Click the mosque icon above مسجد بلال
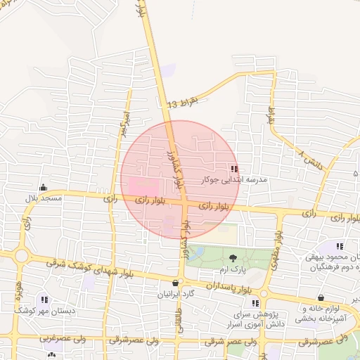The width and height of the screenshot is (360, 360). (x=44, y=188)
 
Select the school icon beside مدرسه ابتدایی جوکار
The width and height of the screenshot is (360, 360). (x=234, y=169)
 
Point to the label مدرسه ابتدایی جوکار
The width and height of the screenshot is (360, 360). (x=235, y=180)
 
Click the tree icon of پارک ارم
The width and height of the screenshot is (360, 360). (x=233, y=258)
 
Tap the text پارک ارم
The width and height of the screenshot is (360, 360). (x=233, y=269)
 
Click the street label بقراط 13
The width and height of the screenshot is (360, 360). (x=184, y=103)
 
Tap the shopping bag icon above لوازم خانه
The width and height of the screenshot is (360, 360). (x=321, y=298)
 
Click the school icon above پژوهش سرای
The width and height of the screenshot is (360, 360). (x=266, y=292)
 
